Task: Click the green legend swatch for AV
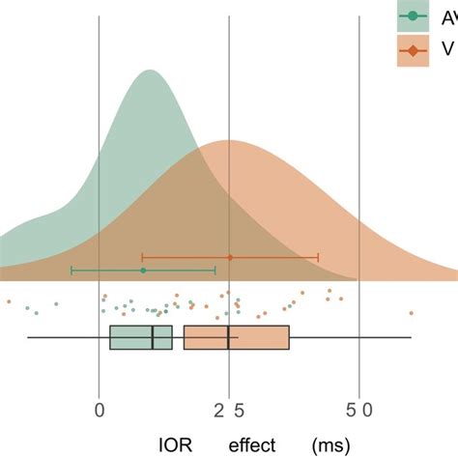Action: tap(414, 16)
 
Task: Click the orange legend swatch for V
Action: tap(414, 51)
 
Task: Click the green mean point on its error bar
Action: tap(143, 271)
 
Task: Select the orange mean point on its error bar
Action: tap(230, 257)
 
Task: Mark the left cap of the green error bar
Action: tap(72, 271)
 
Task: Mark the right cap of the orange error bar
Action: tap(318, 257)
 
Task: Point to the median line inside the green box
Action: tap(153, 337)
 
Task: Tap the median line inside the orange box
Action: tap(228, 337)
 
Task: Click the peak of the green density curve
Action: tap(149, 71)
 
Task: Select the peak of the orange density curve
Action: tap(228, 141)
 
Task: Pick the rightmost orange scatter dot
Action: tap(412, 312)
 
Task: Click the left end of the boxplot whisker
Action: tap(28, 337)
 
